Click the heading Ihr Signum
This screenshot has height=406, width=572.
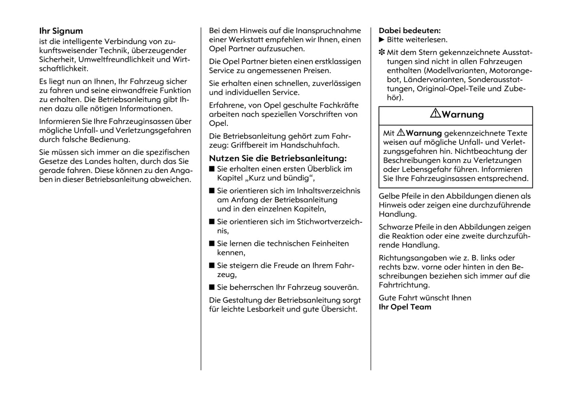pos(61,31)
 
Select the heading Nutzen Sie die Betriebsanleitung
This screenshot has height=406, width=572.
pos(277,158)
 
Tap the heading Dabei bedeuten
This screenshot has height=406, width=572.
pos(409,30)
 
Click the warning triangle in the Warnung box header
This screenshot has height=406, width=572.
pos(435,114)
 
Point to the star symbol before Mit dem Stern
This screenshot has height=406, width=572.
pos(382,52)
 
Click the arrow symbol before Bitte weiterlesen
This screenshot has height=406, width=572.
pos(382,40)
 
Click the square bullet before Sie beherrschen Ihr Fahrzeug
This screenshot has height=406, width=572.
pos(212,287)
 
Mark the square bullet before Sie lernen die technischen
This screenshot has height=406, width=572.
pos(212,243)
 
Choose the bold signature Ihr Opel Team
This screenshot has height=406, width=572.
pos(405,307)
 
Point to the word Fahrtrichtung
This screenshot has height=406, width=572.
pos(404,285)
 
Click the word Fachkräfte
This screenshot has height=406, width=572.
pos(339,105)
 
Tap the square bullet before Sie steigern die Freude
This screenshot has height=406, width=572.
pos(212,266)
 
